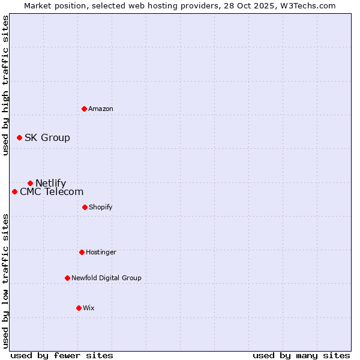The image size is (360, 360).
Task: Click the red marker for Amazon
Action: coord(85,109)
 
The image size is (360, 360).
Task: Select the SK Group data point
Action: coord(19,137)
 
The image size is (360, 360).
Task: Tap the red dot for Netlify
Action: coord(30,183)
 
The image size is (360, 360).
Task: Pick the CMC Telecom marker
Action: coord(14,191)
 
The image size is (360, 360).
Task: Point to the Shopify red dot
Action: coord(85,207)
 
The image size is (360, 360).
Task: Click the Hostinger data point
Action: coord(82,252)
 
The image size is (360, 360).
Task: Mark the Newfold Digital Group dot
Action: coord(67,278)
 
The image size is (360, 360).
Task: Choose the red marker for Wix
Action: coord(79,308)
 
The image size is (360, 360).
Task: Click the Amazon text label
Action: coord(101,109)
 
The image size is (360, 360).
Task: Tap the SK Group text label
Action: coord(47,138)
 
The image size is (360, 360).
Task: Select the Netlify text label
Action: coord(51,184)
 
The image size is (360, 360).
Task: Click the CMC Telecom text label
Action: coord(52,192)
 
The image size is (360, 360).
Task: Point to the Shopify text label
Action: coord(101,207)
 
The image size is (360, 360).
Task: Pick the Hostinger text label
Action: coord(101,252)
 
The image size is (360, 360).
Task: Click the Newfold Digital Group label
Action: coord(106,278)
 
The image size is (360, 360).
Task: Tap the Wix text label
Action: coord(89,308)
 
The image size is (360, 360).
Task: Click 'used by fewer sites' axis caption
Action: coord(62,355)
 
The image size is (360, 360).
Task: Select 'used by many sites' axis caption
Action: coord(301,355)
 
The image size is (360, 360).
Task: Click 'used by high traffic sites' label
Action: coord(6,86)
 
